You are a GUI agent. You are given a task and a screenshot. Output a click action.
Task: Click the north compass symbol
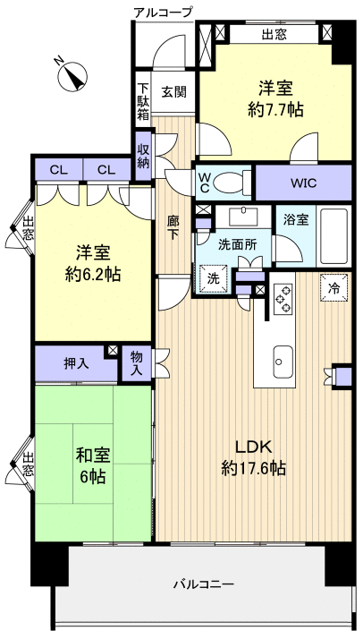[x=70, y=76]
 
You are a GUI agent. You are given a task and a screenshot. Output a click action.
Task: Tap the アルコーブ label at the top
[x=161, y=12]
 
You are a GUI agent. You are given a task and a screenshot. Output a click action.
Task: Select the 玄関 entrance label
[x=173, y=92]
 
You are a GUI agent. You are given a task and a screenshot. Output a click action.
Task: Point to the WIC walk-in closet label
[x=301, y=183]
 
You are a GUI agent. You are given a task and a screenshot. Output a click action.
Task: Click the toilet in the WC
[x=234, y=182]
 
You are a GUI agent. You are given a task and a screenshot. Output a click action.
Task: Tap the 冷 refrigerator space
[x=334, y=289]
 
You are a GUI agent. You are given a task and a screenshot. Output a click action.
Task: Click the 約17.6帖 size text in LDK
[x=254, y=467]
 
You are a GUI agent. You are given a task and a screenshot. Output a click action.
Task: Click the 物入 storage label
[x=136, y=363]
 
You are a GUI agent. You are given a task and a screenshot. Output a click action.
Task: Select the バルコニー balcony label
[x=204, y=584]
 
